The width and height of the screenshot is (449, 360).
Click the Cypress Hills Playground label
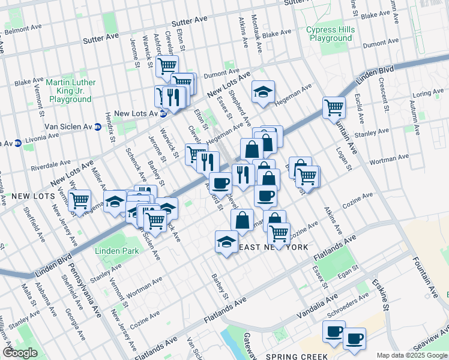click(330, 34)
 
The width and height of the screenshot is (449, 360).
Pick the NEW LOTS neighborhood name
click(24, 196)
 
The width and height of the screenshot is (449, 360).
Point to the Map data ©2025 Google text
click(411, 356)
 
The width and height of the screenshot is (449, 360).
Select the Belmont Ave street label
click(24, 29)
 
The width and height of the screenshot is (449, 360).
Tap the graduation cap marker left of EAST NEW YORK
click(226, 242)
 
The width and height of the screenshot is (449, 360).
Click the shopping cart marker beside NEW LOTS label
click(79, 201)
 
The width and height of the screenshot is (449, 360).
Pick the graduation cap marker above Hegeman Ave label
click(263, 92)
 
